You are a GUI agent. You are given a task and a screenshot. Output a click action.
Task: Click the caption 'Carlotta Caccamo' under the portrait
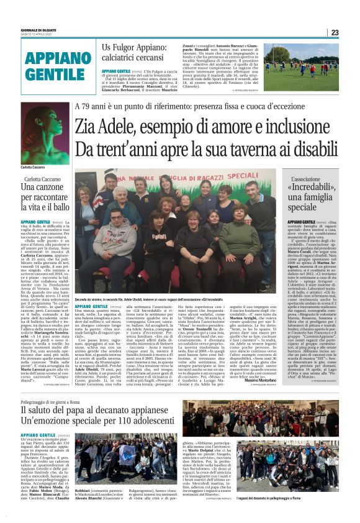(x=35, y=168)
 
